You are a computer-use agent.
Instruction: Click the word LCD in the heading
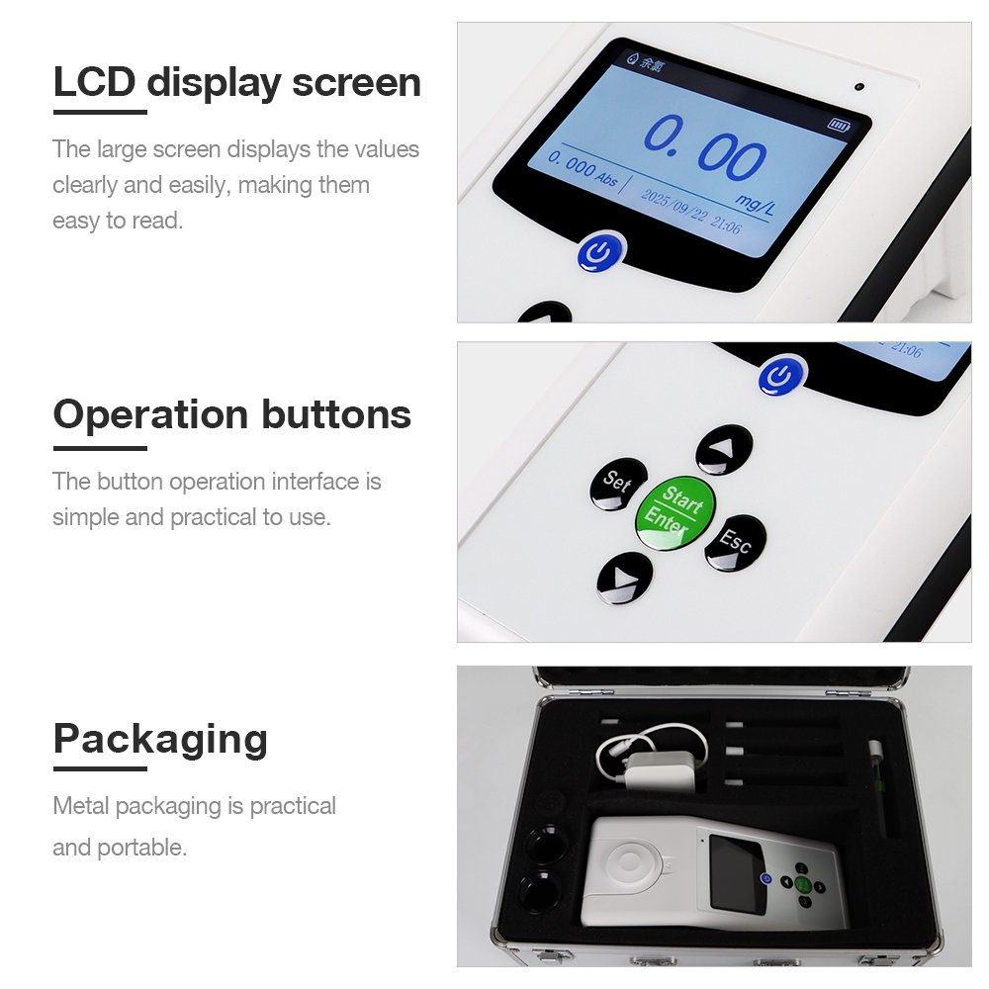coord(95,82)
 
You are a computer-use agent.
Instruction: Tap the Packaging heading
coord(161,739)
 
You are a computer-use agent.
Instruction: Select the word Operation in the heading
coord(150,415)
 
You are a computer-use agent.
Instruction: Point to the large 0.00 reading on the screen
coord(704,149)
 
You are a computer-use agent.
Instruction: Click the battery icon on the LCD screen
coord(839,125)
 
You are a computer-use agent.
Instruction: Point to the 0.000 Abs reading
coord(582,168)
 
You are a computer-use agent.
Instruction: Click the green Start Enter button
coord(674,512)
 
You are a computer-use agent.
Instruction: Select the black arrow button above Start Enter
coord(724,449)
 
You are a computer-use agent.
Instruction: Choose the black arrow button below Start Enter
coord(624,578)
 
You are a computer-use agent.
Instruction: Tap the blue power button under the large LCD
coord(601,253)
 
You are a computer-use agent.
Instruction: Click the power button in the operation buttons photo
coord(782,376)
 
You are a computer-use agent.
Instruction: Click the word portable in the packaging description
coord(141,849)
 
